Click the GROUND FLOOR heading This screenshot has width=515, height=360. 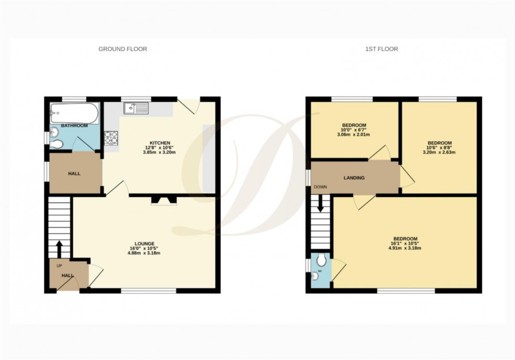pos(122,49)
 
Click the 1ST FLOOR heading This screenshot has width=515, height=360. pos(382,49)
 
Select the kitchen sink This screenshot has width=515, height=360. pos(136,109)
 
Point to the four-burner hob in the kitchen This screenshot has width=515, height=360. pos(111,138)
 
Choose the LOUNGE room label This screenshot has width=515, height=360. pos(145,243)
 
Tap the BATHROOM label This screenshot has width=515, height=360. pos(74,126)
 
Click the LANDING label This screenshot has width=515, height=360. pos(354,178)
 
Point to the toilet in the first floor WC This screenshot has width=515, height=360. pos(321,259)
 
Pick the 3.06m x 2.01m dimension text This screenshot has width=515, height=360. pos(353,135)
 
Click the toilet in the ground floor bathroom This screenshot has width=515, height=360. pos(57,143)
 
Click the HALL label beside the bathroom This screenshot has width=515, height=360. pos(75,173)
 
